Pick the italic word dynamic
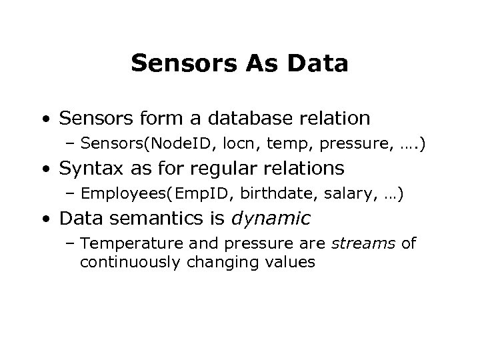click(277, 219)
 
